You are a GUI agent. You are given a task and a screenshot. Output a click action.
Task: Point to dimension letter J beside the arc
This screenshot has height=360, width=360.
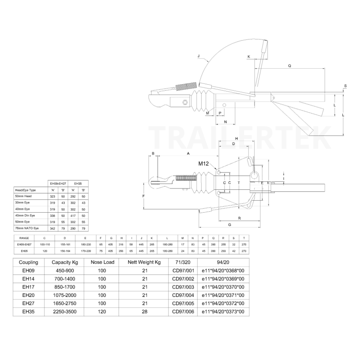tap(199, 56)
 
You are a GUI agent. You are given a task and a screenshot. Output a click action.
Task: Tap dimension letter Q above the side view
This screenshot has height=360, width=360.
tap(290, 66)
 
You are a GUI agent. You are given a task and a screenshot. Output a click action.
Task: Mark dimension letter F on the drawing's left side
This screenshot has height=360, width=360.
tap(144, 196)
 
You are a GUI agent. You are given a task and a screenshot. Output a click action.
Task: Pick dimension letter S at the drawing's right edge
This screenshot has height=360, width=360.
tap(346, 86)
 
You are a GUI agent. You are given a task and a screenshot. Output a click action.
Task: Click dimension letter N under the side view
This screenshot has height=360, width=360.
tap(225, 122)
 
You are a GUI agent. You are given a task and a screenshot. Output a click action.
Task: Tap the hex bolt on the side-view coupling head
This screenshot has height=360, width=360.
tap(185, 102)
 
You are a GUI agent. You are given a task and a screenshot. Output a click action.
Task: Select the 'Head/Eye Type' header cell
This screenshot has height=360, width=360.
tap(26, 190)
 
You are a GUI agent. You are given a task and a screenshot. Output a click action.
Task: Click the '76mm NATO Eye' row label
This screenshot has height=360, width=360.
tap(27, 228)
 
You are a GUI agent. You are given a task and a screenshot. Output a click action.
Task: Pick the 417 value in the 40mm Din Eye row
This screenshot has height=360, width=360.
tap(73, 216)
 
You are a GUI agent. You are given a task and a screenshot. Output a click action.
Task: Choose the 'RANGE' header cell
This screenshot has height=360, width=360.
tap(24, 238)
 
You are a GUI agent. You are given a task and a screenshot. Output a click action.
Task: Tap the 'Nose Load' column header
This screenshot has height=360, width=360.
tap(102, 262)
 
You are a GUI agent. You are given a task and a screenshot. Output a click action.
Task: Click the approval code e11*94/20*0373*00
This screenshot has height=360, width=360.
tap(223, 312)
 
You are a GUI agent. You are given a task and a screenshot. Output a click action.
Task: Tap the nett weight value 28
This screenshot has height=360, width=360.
tap(145, 312)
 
